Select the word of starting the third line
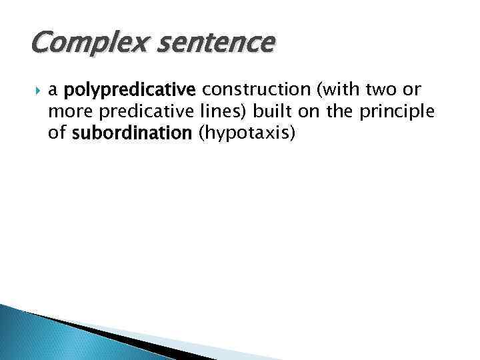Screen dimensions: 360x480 (57, 133)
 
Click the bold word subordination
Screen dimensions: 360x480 (131, 133)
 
